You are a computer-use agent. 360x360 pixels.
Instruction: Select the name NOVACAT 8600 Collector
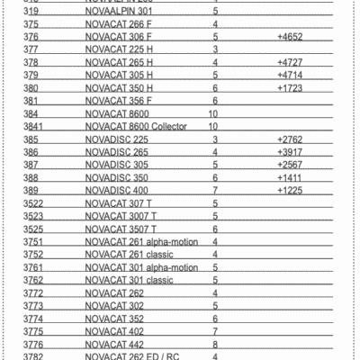(x=132, y=128)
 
